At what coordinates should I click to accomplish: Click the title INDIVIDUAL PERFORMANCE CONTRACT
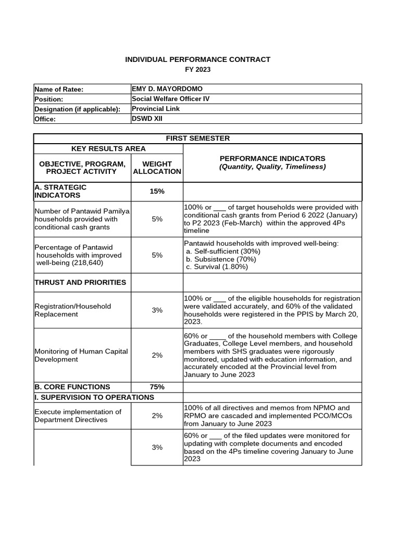197,59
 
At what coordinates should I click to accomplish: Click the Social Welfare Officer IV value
171,99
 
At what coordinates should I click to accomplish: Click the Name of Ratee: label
59,90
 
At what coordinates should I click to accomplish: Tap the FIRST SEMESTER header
197,138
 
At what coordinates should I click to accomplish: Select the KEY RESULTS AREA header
108,149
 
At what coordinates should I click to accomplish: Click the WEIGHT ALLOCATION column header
157,168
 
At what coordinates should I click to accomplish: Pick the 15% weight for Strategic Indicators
157,191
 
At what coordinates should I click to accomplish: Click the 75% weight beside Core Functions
157,387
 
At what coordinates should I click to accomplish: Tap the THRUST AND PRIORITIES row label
80,282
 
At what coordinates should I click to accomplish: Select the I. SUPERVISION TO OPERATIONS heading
94,397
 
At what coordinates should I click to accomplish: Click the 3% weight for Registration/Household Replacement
157,310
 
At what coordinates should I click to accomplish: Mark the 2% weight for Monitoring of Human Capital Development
157,355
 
